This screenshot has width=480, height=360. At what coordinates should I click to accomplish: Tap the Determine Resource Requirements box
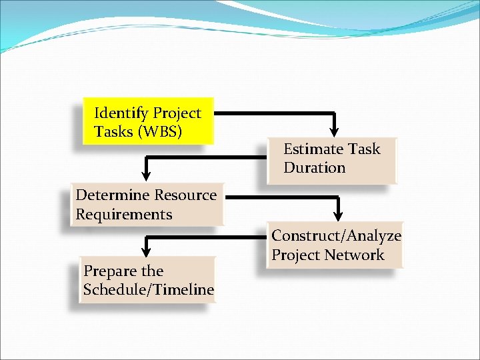(x=147, y=205)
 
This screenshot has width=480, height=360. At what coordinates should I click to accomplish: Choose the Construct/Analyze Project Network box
(x=335, y=245)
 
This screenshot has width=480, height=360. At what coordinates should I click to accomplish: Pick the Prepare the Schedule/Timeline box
(x=148, y=280)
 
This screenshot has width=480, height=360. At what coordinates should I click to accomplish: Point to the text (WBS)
(x=159, y=132)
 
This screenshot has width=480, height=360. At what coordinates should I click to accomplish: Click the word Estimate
(x=311, y=149)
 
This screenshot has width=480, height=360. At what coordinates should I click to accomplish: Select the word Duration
(x=314, y=168)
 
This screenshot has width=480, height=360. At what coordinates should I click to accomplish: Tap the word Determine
(x=113, y=195)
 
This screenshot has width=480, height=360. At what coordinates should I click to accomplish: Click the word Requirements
(x=124, y=215)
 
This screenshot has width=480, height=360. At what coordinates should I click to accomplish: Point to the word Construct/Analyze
(x=336, y=235)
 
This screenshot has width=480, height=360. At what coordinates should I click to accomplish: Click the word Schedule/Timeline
(x=148, y=289)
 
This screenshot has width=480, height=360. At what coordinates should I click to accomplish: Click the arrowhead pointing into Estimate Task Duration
(x=335, y=128)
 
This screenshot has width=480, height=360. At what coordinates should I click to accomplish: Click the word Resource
(x=186, y=195)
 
